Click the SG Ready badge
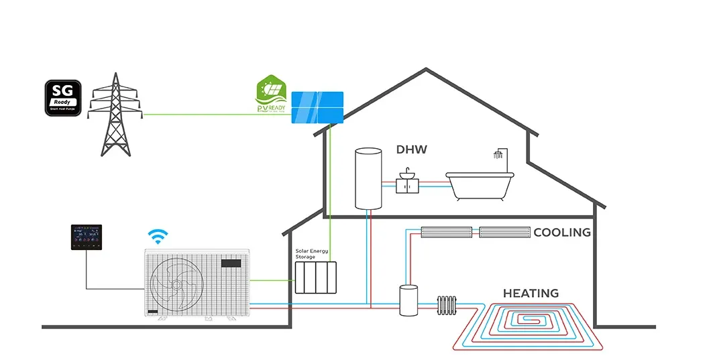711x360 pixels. tap(63, 98)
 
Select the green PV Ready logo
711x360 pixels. tap(272, 97)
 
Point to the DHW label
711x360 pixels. tap(411, 149)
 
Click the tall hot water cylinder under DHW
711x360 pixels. tap(368, 178)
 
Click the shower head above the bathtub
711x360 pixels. tap(498, 155)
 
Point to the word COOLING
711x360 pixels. tap(561, 233)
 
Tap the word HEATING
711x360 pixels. tap(531, 293)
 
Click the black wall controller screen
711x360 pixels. tap(86, 239)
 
